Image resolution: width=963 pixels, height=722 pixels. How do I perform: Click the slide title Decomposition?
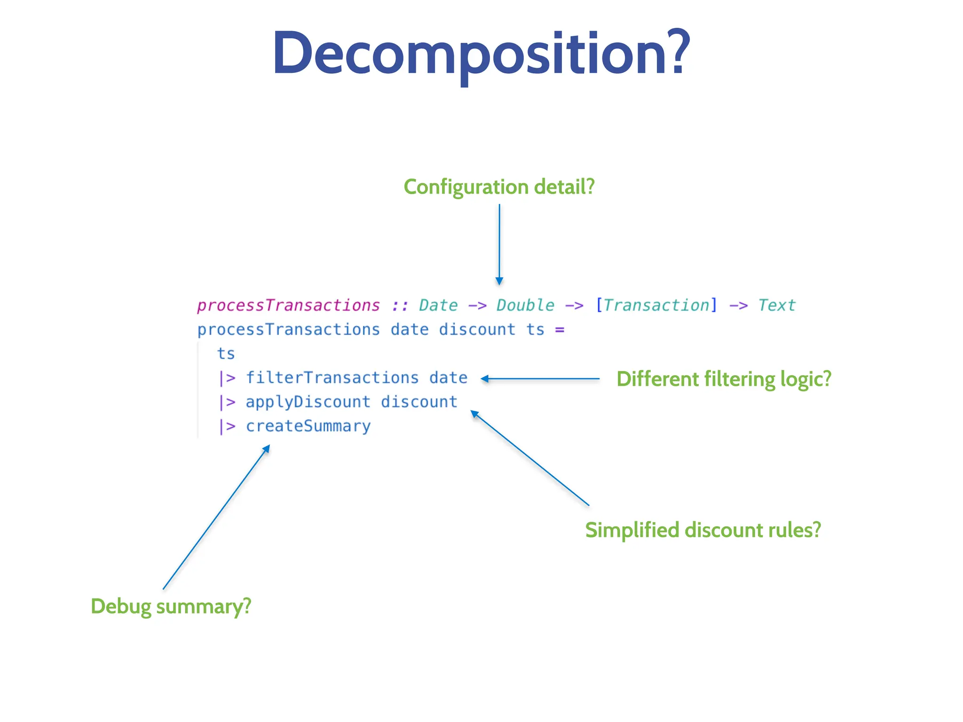[481, 53]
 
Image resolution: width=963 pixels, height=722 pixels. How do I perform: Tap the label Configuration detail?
[499, 187]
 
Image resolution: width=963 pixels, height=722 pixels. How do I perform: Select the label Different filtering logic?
[724, 379]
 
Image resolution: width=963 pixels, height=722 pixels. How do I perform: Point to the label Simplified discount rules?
[703, 530]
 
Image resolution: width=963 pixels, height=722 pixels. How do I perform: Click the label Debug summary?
[171, 606]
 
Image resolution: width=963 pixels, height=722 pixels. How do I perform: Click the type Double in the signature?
[525, 306]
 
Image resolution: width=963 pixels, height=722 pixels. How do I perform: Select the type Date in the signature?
[438, 306]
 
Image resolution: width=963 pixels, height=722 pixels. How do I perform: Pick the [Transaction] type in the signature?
[656, 306]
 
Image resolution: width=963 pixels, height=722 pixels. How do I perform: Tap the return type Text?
[776, 306]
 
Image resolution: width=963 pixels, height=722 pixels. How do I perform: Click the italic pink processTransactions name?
[288, 306]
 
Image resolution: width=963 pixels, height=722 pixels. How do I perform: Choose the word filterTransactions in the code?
[332, 378]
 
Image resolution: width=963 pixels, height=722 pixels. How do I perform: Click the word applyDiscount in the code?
[308, 402]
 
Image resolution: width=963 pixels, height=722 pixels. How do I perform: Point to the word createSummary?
[308, 426]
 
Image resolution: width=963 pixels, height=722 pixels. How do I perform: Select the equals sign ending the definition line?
[559, 330]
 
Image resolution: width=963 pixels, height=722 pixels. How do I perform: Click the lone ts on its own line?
[226, 354]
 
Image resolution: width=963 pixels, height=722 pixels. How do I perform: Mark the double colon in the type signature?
[400, 306]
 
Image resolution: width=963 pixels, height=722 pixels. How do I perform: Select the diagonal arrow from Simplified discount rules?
[529, 458]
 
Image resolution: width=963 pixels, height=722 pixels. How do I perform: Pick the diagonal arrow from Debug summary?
[216, 517]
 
